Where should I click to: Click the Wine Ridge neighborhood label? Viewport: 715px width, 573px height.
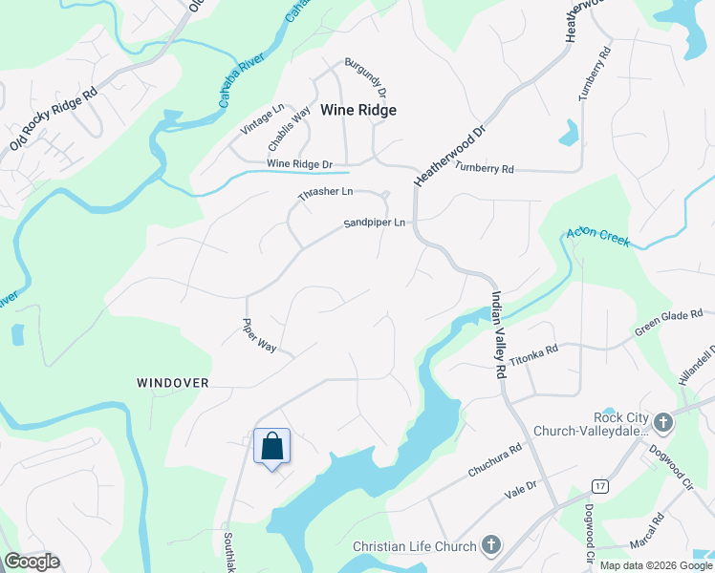pyautogui.click(x=357, y=110)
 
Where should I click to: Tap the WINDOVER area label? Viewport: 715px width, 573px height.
pyautogui.click(x=172, y=382)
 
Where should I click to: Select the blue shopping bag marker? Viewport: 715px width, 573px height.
pyautogui.click(x=272, y=446)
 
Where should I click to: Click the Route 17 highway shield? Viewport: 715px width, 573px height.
pyautogui.click(x=599, y=486)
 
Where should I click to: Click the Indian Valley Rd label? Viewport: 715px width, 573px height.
pyautogui.click(x=498, y=335)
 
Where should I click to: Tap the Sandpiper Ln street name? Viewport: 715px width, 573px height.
pyautogui.click(x=375, y=223)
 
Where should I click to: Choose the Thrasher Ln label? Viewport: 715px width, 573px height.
pyautogui.click(x=325, y=192)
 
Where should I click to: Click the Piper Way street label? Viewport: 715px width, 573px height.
pyautogui.click(x=259, y=336)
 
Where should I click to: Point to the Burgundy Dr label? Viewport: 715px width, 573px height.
pyautogui.click(x=364, y=77)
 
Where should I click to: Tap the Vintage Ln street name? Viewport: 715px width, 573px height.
pyautogui.click(x=263, y=119)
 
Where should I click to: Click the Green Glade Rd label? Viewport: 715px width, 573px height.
pyautogui.click(x=669, y=323)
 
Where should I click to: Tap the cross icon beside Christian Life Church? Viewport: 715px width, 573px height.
pyautogui.click(x=491, y=546)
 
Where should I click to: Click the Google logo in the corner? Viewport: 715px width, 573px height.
pyautogui.click(x=32, y=562)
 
